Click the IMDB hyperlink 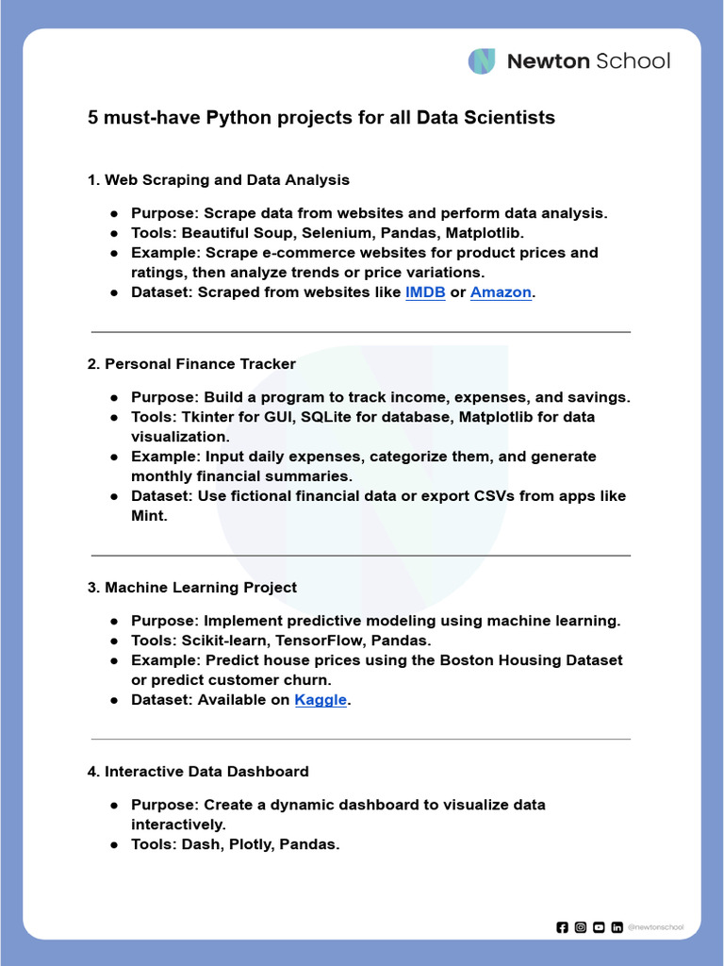point(424,292)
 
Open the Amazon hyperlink point(501,292)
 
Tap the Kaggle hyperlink point(321,700)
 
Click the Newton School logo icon point(482,61)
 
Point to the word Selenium point(335,233)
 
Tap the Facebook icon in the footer point(563,927)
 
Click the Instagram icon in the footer point(581,927)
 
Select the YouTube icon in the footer point(599,927)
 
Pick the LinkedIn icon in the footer point(617,927)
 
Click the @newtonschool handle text point(655,927)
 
